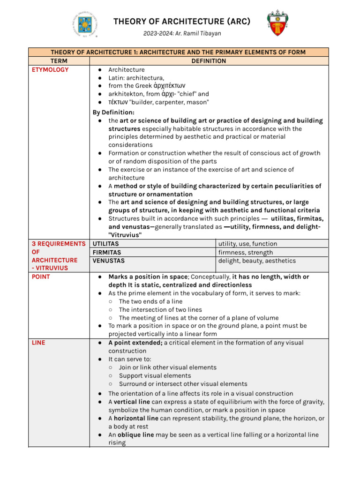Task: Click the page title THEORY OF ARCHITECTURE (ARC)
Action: [181, 22]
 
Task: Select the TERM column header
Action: [59, 61]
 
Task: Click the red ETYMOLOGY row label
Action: [50, 70]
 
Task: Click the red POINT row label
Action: [41, 277]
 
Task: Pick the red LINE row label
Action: [38, 343]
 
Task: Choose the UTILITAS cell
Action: [106, 244]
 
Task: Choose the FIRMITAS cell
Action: [107, 252]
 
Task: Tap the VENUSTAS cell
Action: [109, 261]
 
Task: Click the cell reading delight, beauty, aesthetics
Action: [257, 261]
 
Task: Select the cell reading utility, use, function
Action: [247, 244]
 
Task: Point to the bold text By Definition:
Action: [113, 112]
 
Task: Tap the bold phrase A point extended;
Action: [135, 343]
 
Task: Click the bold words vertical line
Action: [133, 402]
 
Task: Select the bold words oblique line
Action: [135, 435]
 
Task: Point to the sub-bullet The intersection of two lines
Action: [160, 310]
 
